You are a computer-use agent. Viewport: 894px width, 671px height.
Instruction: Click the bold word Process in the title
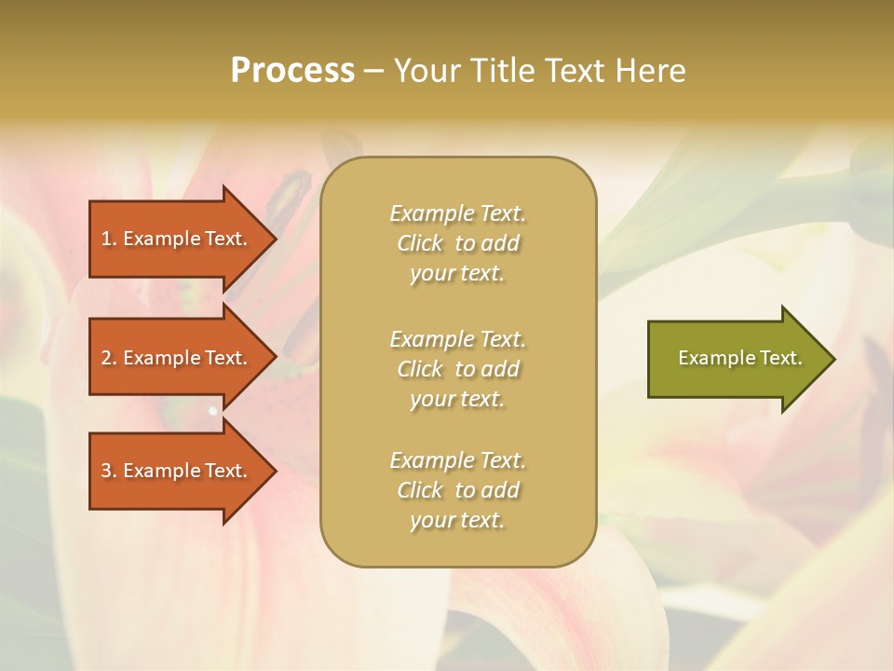tap(292, 71)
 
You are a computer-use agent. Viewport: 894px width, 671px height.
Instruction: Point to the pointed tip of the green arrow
tap(833, 359)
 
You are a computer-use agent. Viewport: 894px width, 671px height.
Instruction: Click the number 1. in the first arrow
tap(109, 239)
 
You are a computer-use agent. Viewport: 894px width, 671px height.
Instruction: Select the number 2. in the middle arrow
tap(109, 358)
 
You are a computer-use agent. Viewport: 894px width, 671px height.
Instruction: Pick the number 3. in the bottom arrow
tap(109, 471)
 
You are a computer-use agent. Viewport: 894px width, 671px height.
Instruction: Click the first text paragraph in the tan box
tap(457, 243)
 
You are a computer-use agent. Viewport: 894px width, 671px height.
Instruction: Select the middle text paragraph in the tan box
tap(457, 369)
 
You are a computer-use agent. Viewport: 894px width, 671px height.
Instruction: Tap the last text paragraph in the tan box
tap(457, 490)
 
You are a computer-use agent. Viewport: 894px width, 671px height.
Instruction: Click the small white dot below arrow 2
tap(213, 410)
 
